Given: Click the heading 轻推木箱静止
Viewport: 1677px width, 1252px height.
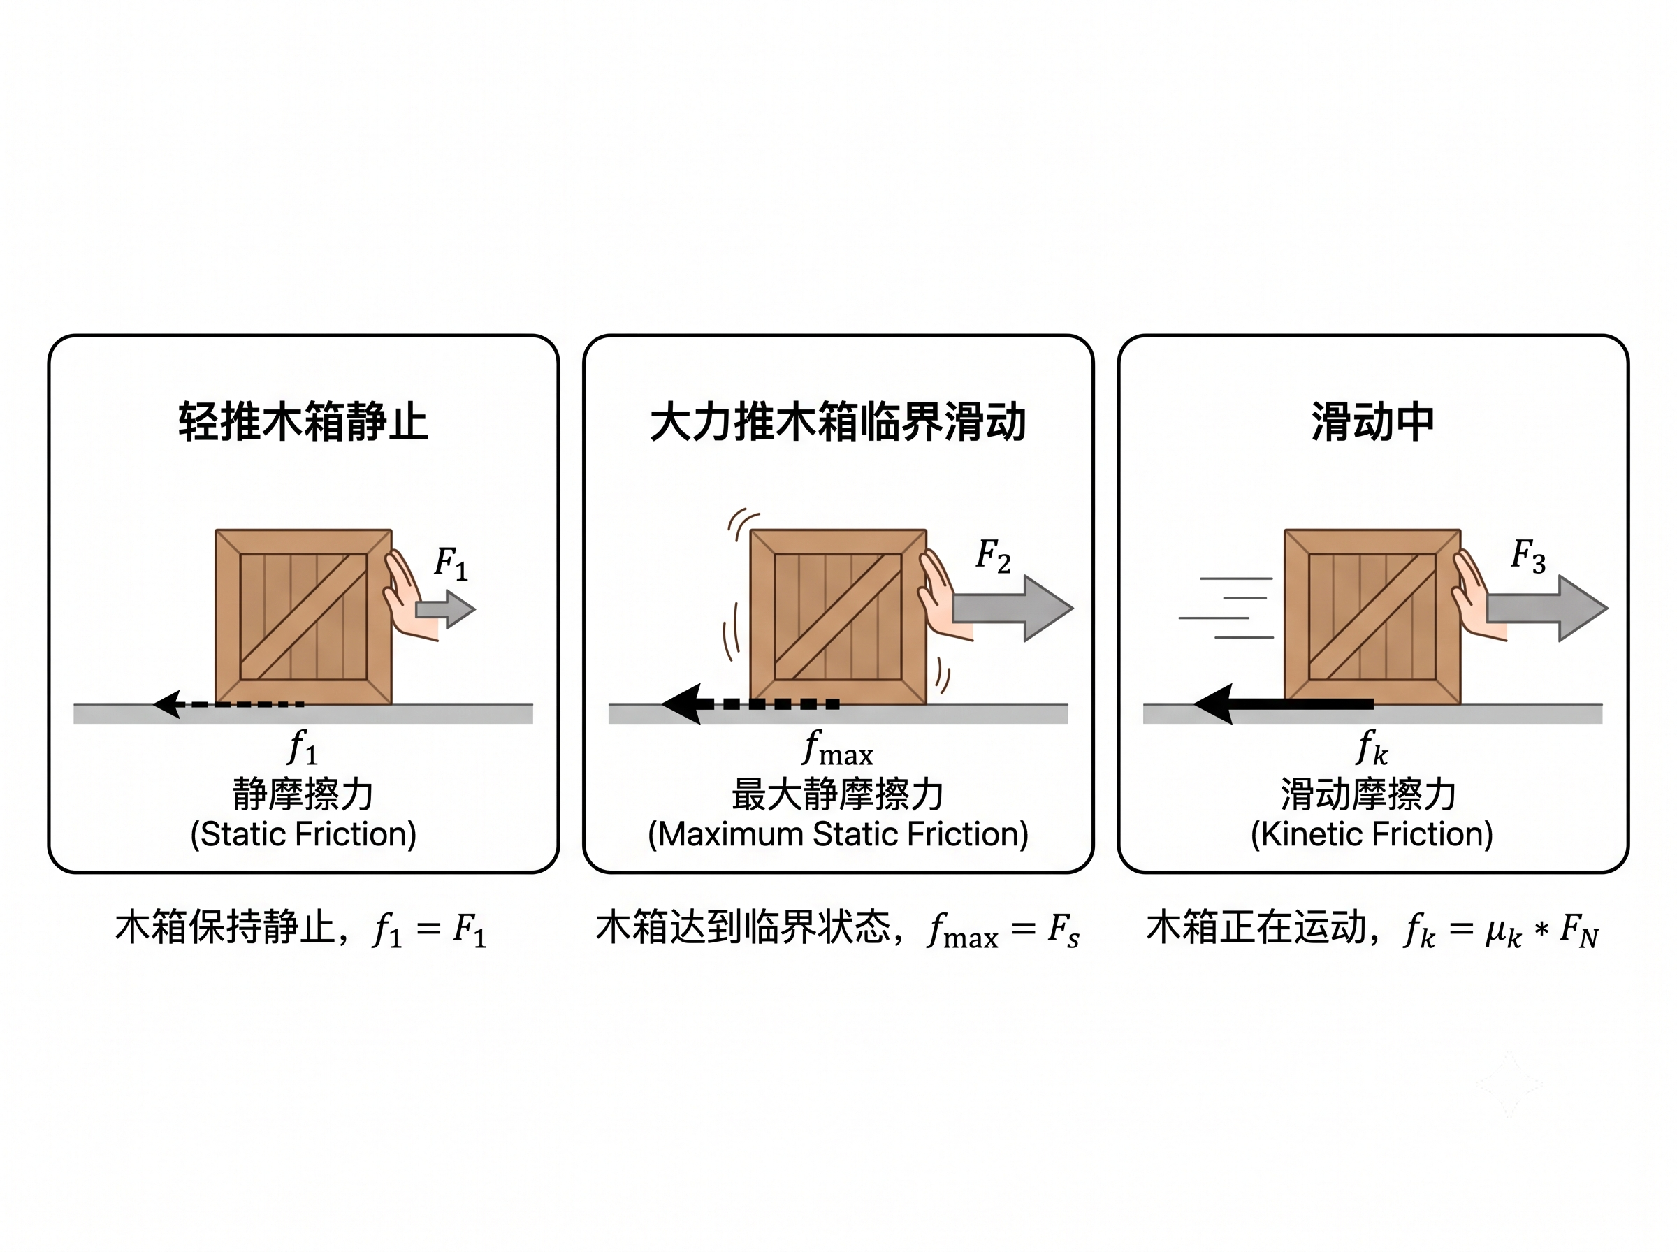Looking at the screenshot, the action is [x=303, y=422].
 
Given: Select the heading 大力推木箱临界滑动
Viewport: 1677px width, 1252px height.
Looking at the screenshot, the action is [x=838, y=422].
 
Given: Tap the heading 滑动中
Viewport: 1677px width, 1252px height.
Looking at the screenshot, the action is [x=1372, y=422].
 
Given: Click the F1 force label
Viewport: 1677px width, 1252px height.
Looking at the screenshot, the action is [x=451, y=563].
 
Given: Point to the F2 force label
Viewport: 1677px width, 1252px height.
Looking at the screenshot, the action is [x=993, y=555].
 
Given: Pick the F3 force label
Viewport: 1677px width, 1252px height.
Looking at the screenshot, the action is [x=1527, y=555].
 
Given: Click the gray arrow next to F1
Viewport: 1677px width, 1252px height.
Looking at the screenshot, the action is [x=445, y=609].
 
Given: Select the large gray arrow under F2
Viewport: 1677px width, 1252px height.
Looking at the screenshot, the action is [x=1012, y=608].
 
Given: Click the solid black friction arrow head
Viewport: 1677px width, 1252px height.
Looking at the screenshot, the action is [x=1212, y=704].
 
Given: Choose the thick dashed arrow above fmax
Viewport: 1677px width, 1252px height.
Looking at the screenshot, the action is [x=750, y=704].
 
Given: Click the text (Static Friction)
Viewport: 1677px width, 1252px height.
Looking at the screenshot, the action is [x=303, y=834].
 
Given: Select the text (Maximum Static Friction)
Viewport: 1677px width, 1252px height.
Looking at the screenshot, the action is [x=838, y=834].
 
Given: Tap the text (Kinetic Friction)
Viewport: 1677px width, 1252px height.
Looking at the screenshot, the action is [x=1372, y=834].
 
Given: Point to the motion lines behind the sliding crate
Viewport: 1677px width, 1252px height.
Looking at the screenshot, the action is [x=1226, y=608].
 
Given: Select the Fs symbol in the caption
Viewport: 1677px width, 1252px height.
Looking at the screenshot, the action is [x=1064, y=930].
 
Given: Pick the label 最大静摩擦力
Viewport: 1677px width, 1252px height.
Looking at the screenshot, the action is [x=837, y=794].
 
